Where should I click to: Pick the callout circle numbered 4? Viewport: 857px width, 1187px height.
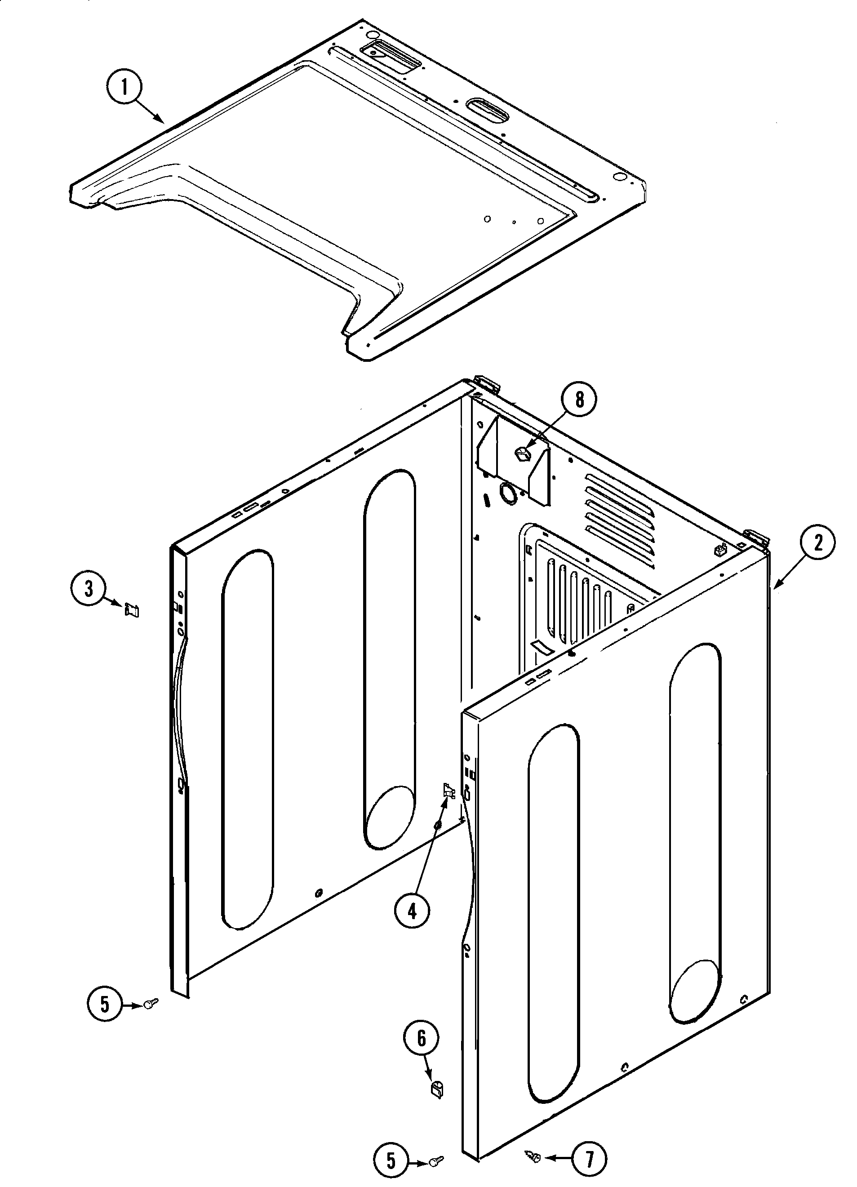click(412, 911)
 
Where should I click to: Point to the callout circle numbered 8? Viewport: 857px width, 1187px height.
click(579, 400)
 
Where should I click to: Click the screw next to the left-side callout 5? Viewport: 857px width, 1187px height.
click(150, 1002)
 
